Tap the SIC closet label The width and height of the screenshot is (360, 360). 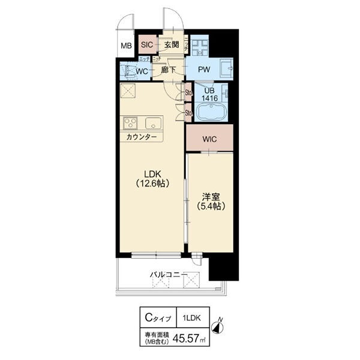[x=147, y=44]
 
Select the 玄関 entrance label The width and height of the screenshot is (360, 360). [x=171, y=44]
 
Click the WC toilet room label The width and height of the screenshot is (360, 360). [x=142, y=72]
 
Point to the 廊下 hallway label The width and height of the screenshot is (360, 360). [x=169, y=70]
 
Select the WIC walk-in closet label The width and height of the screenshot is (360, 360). [x=209, y=139]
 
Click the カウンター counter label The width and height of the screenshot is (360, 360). [x=142, y=138]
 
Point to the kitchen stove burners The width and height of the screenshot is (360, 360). [x=131, y=123]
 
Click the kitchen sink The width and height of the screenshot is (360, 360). [x=152, y=124]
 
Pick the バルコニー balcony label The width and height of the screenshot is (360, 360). [x=169, y=275]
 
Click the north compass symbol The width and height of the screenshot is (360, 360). [x=220, y=326]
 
